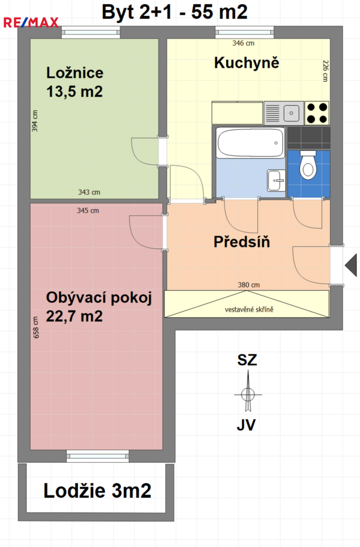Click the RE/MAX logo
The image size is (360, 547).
(x=31, y=22)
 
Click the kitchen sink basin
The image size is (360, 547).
(x=291, y=113)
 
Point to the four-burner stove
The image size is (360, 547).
(x=317, y=113)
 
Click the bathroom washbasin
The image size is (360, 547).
(x=276, y=180)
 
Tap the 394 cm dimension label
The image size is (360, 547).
(x=35, y=121)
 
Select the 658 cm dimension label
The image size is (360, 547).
(x=36, y=328)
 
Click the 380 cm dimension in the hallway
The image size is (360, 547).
(x=249, y=285)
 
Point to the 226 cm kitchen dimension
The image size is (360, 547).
(x=325, y=71)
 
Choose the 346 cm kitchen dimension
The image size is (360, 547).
(x=244, y=43)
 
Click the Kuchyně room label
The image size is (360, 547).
(x=247, y=63)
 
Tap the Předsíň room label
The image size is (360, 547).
(x=242, y=242)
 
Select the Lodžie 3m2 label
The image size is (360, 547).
(x=97, y=491)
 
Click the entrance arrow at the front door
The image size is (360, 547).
(x=351, y=265)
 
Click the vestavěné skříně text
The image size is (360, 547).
(x=249, y=309)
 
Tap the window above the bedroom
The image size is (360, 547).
(x=91, y=32)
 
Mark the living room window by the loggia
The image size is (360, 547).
(x=98, y=456)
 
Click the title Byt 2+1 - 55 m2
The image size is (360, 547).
(x=175, y=12)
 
